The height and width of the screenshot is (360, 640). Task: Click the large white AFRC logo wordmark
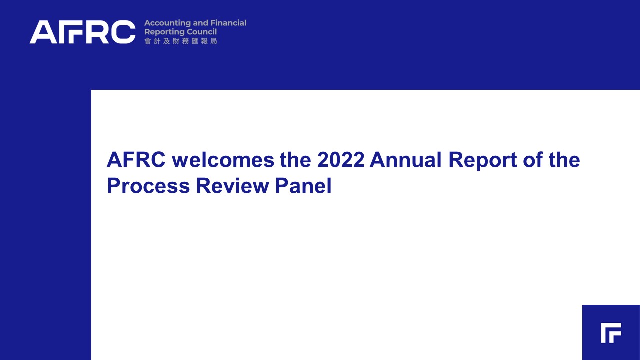click(82, 32)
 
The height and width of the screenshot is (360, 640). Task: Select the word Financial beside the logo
click(228, 23)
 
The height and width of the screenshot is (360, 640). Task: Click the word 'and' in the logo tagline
click(201, 23)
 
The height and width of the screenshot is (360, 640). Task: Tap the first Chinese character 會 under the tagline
click(147, 41)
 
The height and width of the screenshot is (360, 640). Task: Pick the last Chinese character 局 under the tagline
click(214, 41)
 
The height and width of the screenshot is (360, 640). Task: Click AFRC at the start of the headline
click(136, 160)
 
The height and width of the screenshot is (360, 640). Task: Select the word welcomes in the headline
click(223, 160)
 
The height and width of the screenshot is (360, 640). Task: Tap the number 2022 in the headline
click(341, 160)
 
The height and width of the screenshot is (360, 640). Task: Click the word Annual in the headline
click(405, 160)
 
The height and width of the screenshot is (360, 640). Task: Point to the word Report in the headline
click(483, 161)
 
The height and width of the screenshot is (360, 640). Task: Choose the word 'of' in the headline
click(533, 160)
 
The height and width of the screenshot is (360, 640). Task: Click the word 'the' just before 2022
click(295, 160)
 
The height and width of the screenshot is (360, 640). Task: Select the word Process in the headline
click(149, 186)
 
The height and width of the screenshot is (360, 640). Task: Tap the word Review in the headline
click(233, 186)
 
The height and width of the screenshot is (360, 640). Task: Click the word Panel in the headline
click(303, 186)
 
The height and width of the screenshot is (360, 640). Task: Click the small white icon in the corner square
click(611, 333)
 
